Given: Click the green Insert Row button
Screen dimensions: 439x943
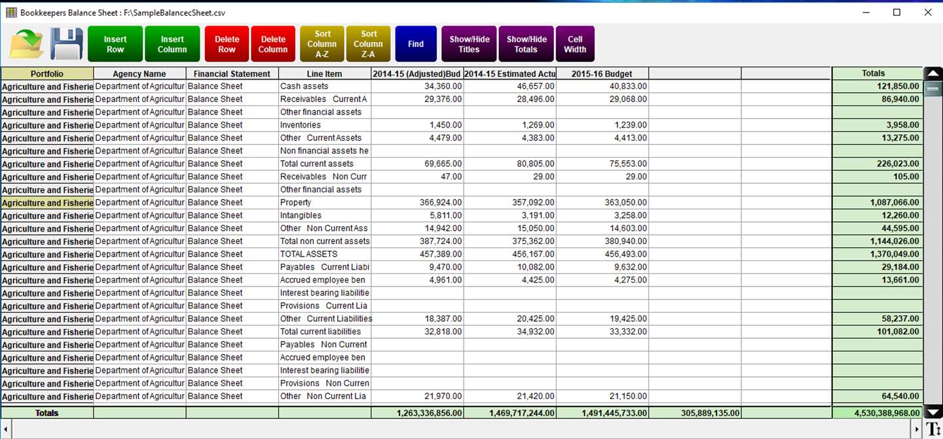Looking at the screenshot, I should tap(115, 44).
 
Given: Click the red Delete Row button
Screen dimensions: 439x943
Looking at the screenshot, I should tap(227, 44).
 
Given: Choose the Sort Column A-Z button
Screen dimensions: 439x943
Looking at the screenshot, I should tap(322, 44).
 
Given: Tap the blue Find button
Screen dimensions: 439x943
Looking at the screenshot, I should tap(416, 44).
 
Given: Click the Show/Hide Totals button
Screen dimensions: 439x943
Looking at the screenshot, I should tap(526, 44).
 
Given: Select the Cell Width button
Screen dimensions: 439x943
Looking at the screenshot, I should tap(575, 44).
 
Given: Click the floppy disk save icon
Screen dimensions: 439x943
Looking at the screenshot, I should tap(66, 44).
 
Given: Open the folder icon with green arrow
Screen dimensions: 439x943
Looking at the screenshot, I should tap(26, 44).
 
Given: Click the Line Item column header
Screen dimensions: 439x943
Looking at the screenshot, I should tap(324, 74).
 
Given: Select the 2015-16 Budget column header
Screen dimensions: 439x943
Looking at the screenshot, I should tap(602, 74).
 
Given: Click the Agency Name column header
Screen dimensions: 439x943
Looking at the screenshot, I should tap(139, 74).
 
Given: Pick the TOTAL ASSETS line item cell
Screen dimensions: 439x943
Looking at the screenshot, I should tap(324, 254).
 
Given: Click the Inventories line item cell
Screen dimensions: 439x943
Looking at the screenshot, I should tap(324, 125).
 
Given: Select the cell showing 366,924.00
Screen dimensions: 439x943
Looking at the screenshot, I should tap(416, 202).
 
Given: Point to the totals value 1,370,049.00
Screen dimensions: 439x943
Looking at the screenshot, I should tap(877, 254).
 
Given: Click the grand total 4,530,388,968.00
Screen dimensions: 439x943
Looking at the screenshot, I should tap(877, 413).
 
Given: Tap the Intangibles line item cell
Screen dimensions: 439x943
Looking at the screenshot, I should tap(324, 215).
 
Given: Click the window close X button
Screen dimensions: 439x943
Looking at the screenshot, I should tap(927, 12).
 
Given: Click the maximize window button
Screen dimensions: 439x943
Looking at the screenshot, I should tap(897, 12).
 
